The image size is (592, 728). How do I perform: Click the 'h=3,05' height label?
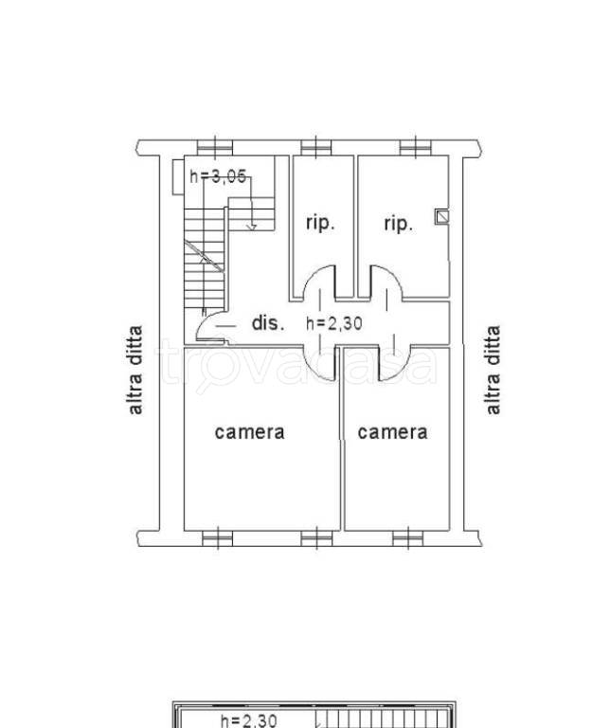coord(218,176)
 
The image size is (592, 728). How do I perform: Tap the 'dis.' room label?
coord(268,322)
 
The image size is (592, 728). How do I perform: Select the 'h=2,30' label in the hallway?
coord(334,323)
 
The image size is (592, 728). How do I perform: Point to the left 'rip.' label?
coord(320,224)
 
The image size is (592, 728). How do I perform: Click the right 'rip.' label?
coord(398,224)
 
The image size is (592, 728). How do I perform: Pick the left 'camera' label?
coord(250,432)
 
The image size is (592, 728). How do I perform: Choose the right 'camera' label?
coord(392,432)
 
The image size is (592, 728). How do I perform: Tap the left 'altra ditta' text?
coord(135,370)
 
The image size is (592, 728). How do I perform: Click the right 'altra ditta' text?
coord(493,370)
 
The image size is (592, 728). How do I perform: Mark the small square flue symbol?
coord(441,217)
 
